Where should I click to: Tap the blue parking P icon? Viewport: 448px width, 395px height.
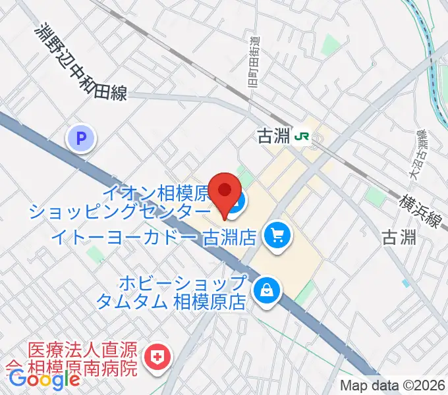click(x=81, y=139)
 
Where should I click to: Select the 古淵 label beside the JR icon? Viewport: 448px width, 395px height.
click(x=273, y=136)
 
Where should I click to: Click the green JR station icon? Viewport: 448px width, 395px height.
click(x=303, y=136)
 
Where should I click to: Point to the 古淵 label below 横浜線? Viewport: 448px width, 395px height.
click(x=400, y=237)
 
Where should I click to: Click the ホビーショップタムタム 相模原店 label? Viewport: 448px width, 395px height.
click(x=171, y=293)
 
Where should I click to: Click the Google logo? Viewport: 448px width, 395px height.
click(x=44, y=379)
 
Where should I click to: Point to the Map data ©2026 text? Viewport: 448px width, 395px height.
click(x=393, y=386)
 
